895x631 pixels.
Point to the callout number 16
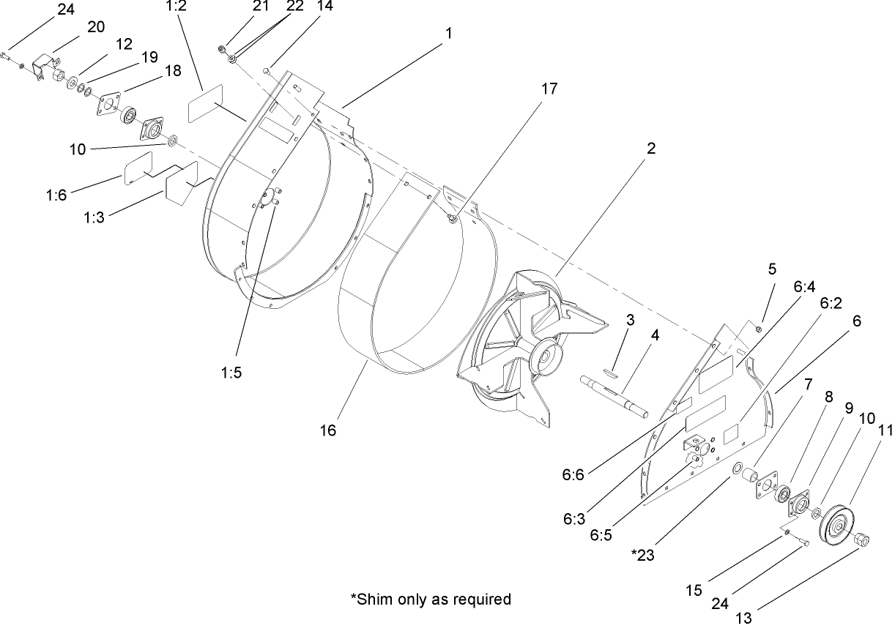tap(327, 430)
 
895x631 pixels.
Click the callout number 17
tap(549, 89)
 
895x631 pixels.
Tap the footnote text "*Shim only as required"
tap(431, 599)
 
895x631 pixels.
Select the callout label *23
tap(645, 554)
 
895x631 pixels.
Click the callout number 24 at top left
tap(66, 10)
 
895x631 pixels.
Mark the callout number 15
tap(694, 589)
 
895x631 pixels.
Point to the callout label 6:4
tap(803, 288)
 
